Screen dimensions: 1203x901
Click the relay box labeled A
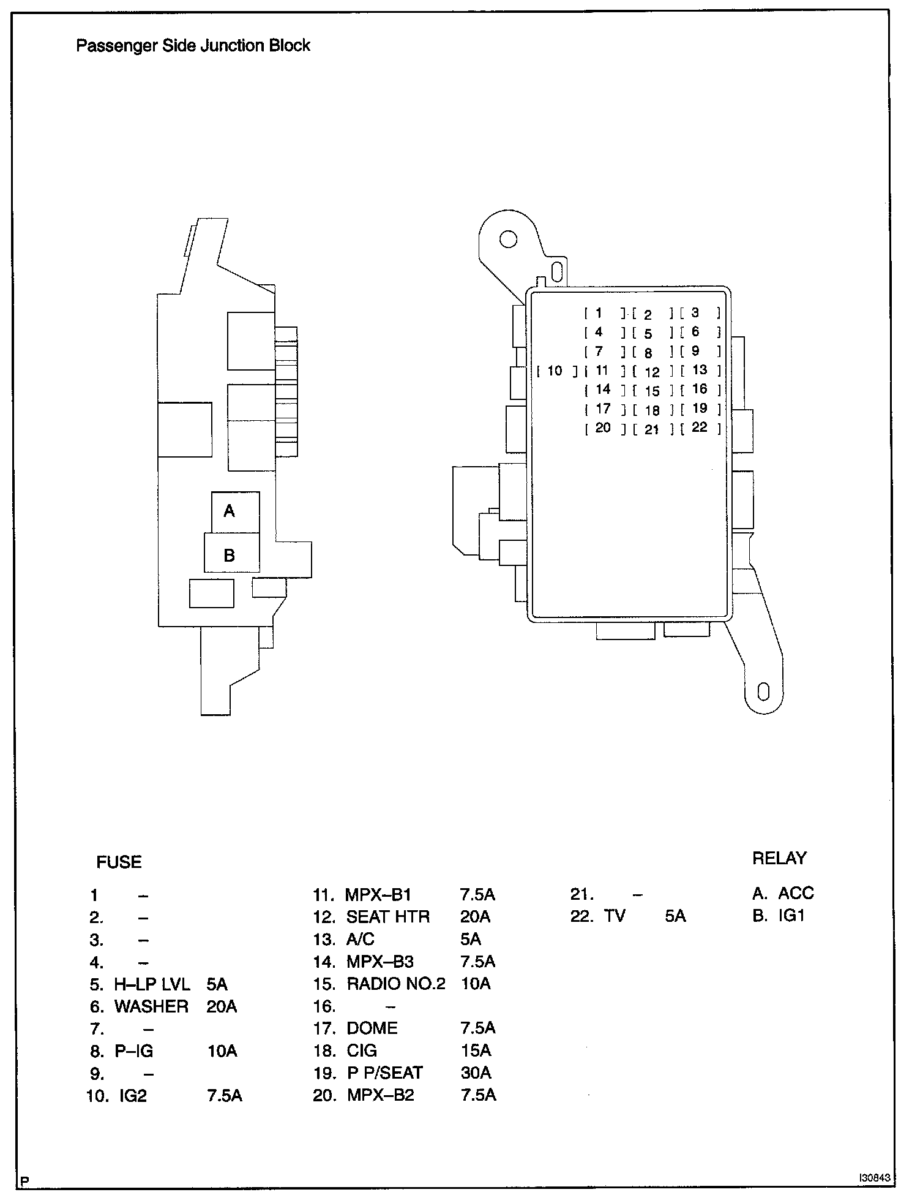point(235,511)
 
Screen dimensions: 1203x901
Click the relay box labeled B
point(231,554)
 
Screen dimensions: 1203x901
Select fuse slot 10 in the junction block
point(555,371)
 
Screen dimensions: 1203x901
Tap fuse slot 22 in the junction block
point(700,427)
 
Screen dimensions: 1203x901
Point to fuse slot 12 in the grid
point(651,372)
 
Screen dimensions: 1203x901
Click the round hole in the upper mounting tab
point(507,239)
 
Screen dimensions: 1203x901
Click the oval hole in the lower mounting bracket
point(763,691)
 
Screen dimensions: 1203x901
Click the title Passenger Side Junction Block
point(193,45)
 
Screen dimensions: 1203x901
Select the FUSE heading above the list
point(119,862)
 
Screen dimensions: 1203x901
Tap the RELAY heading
point(779,858)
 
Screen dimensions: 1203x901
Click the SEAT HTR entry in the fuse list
point(388,916)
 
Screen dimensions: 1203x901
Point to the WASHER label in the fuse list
point(151,1006)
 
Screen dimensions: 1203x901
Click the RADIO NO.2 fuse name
point(396,984)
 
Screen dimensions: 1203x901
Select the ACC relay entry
point(795,893)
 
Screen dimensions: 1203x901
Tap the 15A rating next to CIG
point(476,1050)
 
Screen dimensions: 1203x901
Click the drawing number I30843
point(874,1178)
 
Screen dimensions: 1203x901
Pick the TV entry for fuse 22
point(615,916)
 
